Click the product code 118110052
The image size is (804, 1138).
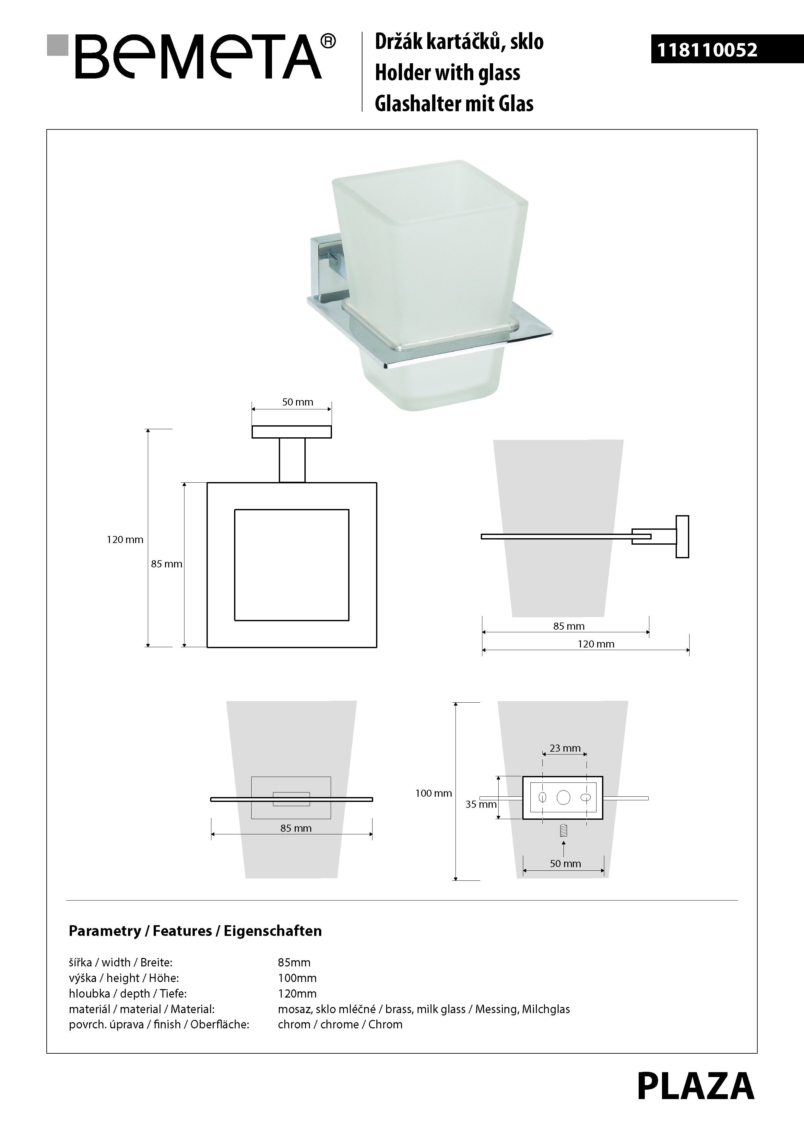point(707,50)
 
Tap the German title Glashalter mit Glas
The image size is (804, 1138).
point(454,103)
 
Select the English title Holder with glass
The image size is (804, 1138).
point(448,72)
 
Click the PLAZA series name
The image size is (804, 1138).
point(695,1086)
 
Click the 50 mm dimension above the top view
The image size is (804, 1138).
point(298,402)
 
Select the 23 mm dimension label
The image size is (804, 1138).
point(565,748)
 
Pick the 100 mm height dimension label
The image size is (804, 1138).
point(433,793)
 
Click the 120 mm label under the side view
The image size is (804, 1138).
point(596,644)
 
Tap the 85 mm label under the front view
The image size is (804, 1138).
point(296,828)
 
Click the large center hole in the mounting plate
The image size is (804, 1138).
point(564,797)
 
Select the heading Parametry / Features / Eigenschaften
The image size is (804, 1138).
point(195,931)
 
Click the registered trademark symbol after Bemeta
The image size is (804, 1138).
point(328,41)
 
